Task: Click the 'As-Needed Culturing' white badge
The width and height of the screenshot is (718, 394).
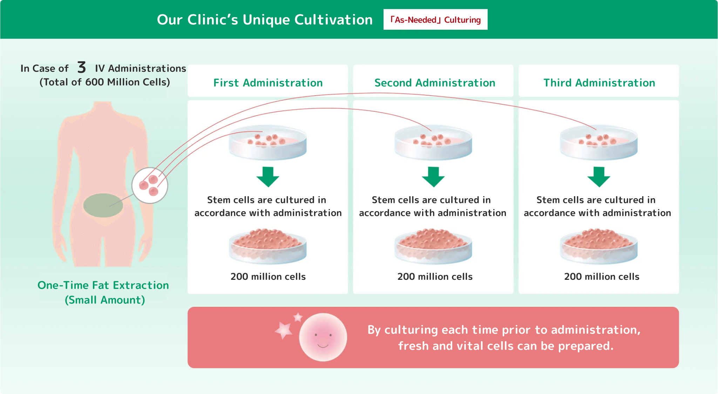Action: click(x=435, y=20)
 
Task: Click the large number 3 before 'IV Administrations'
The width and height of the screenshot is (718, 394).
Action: click(x=82, y=67)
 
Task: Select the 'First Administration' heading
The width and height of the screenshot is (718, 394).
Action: click(x=268, y=83)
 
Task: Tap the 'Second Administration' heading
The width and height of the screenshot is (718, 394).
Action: click(x=435, y=83)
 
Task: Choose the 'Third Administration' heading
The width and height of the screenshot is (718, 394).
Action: click(x=599, y=83)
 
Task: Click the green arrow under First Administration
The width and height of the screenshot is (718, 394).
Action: click(x=268, y=177)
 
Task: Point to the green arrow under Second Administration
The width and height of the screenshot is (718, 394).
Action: click(x=433, y=177)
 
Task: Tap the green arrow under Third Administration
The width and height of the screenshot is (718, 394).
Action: click(x=599, y=177)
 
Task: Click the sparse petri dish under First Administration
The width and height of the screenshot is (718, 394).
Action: click(x=268, y=143)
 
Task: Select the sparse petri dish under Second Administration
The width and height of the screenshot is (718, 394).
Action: click(x=433, y=143)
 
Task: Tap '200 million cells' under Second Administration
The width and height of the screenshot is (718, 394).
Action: click(x=435, y=277)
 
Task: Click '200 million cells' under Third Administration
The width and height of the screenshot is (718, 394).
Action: click(x=602, y=277)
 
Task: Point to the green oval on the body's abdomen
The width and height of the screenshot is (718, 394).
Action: click(x=103, y=205)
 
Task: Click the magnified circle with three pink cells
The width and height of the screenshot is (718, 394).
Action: click(x=150, y=185)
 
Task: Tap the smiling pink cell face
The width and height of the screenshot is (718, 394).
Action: click(x=323, y=337)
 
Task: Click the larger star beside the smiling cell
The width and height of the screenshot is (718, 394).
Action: click(x=283, y=330)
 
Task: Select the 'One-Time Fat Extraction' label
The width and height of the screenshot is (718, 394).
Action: click(x=103, y=285)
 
